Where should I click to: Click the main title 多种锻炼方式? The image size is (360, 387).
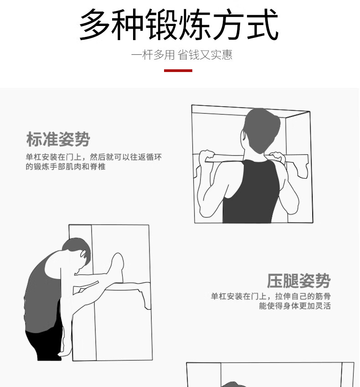[x=179, y=24]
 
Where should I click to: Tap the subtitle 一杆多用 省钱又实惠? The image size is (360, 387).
[x=182, y=55]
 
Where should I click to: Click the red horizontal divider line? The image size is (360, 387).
[x=178, y=71]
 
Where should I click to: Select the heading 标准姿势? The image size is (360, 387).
[x=58, y=139]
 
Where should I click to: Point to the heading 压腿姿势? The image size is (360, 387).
[x=298, y=281]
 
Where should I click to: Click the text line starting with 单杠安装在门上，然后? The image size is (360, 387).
[x=94, y=157]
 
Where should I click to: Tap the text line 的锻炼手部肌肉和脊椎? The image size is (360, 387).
[x=66, y=166]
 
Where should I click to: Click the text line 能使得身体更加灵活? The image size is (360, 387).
[x=295, y=306]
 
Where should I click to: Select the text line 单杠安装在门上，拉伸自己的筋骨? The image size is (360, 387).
[x=271, y=296]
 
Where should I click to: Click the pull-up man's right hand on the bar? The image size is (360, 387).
[x=277, y=158]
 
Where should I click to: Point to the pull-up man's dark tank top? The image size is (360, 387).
[x=251, y=192]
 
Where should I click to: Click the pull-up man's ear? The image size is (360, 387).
[x=243, y=136]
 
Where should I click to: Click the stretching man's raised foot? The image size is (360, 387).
[x=118, y=262]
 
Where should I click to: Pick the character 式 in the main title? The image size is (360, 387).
[x=263, y=24]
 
